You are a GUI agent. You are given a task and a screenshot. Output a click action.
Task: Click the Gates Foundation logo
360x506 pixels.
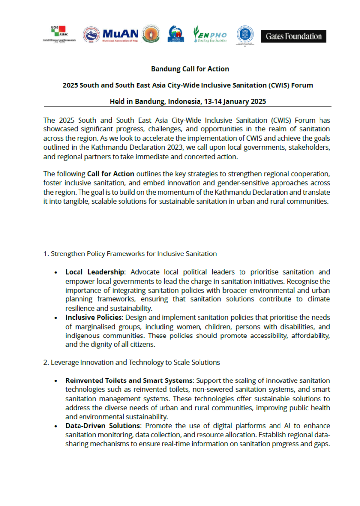point(293,36)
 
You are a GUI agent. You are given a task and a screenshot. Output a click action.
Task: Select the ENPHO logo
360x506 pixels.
point(210,35)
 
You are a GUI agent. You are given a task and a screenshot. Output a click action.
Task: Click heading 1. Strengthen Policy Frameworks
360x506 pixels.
point(130,253)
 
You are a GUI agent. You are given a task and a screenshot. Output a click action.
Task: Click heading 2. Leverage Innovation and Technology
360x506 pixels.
point(132,362)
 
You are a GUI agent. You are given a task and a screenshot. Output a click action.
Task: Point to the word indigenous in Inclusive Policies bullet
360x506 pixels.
point(81,336)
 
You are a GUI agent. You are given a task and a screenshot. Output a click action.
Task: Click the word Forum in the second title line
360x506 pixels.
point(303,85)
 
